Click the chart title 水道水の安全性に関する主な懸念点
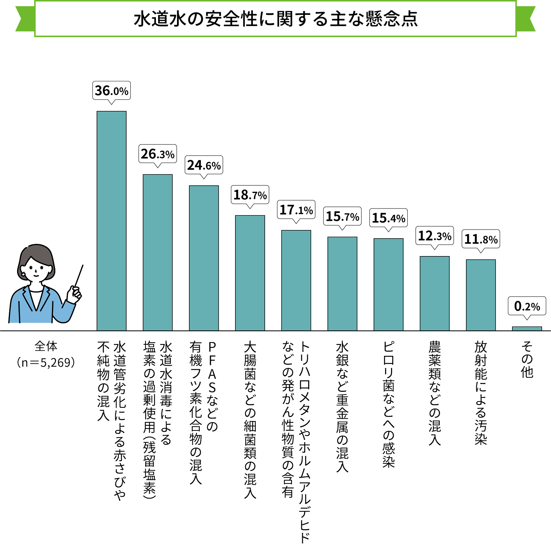point(275,19)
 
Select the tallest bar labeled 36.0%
point(111,221)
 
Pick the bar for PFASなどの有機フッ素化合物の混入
point(204,258)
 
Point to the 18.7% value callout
point(250,195)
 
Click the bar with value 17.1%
point(296,280)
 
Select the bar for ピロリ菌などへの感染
point(388,284)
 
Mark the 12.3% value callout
point(434,236)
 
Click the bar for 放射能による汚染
point(481,295)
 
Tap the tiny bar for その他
point(527,328)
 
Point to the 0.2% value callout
point(527,306)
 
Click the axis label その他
point(527,359)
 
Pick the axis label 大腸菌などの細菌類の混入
point(250,419)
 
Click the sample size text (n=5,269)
point(46,362)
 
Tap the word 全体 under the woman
point(46,346)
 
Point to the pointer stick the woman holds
point(79,275)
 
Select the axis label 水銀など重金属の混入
point(342,406)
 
